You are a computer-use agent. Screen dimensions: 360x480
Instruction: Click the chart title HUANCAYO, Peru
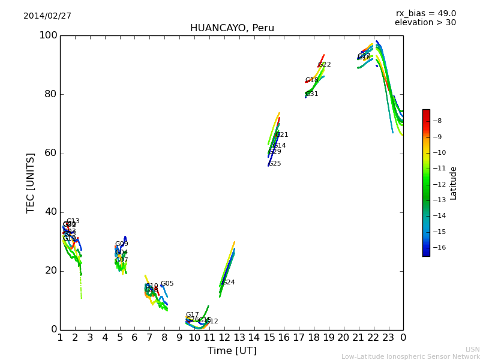232,28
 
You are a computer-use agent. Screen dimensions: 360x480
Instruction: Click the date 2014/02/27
47,16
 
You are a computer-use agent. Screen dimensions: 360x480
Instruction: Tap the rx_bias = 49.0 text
425,14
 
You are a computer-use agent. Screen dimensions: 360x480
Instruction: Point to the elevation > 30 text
425,23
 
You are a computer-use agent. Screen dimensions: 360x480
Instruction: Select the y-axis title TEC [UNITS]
31,182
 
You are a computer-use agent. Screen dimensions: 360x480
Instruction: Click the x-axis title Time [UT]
232,351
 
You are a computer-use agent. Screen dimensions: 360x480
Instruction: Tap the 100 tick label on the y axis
48,35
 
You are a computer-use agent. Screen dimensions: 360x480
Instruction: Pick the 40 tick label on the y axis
50,212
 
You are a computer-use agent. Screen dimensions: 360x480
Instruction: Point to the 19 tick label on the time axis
328,338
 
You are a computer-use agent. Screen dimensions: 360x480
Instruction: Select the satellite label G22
325,65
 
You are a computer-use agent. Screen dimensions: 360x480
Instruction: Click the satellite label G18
312,80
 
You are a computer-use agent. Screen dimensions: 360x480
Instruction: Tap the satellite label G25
275,164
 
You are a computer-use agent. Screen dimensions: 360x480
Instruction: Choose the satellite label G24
229,283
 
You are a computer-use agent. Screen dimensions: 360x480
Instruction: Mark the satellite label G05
167,284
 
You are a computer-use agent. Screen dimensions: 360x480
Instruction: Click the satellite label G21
282,135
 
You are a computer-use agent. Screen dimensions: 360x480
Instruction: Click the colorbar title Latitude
454,183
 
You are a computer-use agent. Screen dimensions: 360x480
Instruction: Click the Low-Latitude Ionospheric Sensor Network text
410,356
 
